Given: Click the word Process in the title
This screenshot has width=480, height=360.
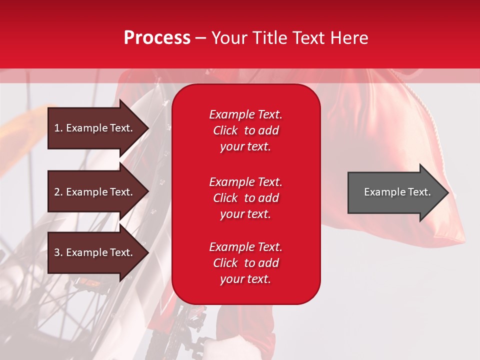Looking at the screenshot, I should [157, 38].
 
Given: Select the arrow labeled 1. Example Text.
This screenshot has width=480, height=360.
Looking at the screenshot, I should [95, 128].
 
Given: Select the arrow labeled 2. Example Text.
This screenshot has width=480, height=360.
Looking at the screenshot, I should [95, 192].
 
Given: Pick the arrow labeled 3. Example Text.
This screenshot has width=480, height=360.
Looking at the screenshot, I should [95, 252].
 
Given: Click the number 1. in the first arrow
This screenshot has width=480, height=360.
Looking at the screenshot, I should [58, 128].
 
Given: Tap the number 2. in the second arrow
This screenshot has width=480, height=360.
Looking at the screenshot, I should [58, 192].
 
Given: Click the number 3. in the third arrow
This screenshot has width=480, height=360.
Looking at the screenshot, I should [58, 252].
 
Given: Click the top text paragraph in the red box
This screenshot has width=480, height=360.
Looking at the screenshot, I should [245, 130].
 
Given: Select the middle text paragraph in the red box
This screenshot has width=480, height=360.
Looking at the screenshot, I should [245, 197].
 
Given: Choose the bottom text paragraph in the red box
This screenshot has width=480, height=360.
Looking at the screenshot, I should [245, 263].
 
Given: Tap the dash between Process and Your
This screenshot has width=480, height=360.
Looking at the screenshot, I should [201, 38].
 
